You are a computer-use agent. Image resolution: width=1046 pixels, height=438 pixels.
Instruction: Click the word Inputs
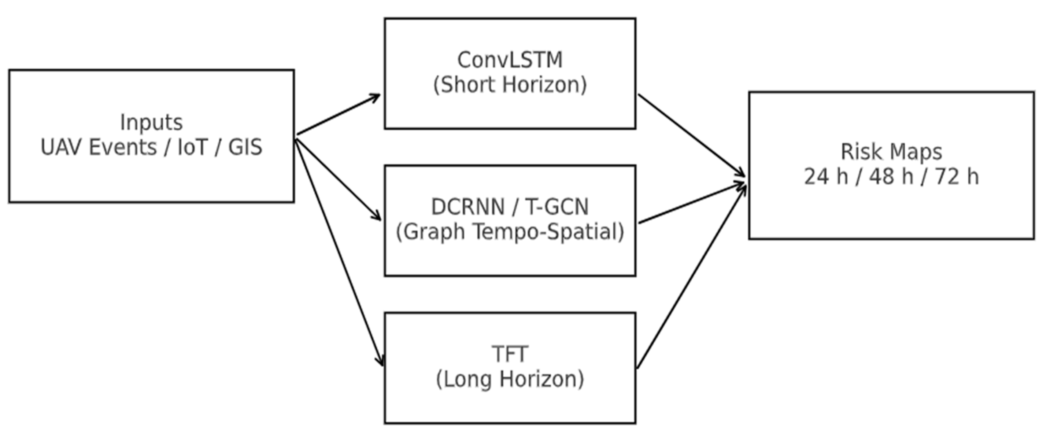click(151, 122)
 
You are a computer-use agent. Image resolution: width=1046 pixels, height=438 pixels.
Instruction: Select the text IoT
click(192, 147)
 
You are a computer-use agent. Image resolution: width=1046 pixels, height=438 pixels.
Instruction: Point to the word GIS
click(245, 147)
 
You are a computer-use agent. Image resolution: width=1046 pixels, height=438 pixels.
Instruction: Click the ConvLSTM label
click(510, 60)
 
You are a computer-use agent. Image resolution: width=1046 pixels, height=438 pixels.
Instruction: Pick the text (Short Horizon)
click(510, 85)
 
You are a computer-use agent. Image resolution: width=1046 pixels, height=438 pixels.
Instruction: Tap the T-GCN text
click(556, 207)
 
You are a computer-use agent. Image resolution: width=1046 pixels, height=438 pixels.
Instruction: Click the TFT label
click(510, 354)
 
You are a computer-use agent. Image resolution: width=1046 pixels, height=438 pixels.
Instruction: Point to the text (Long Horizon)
click(510, 379)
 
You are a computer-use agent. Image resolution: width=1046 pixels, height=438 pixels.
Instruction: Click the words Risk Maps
click(891, 152)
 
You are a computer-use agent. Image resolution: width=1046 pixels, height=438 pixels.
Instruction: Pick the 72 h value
click(956, 177)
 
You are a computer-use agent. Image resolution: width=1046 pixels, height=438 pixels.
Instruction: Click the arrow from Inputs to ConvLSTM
click(338, 115)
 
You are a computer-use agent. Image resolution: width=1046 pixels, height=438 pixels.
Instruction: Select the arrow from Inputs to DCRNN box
click(338, 179)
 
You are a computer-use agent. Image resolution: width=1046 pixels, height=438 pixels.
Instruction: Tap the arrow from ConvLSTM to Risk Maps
click(690, 135)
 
